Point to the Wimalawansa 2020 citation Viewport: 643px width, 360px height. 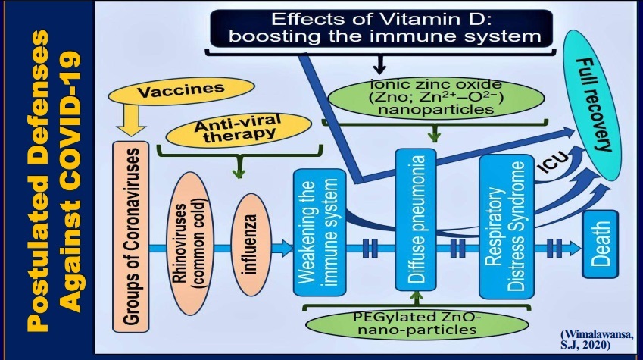(596, 337)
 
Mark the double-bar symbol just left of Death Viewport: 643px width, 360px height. (555, 246)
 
